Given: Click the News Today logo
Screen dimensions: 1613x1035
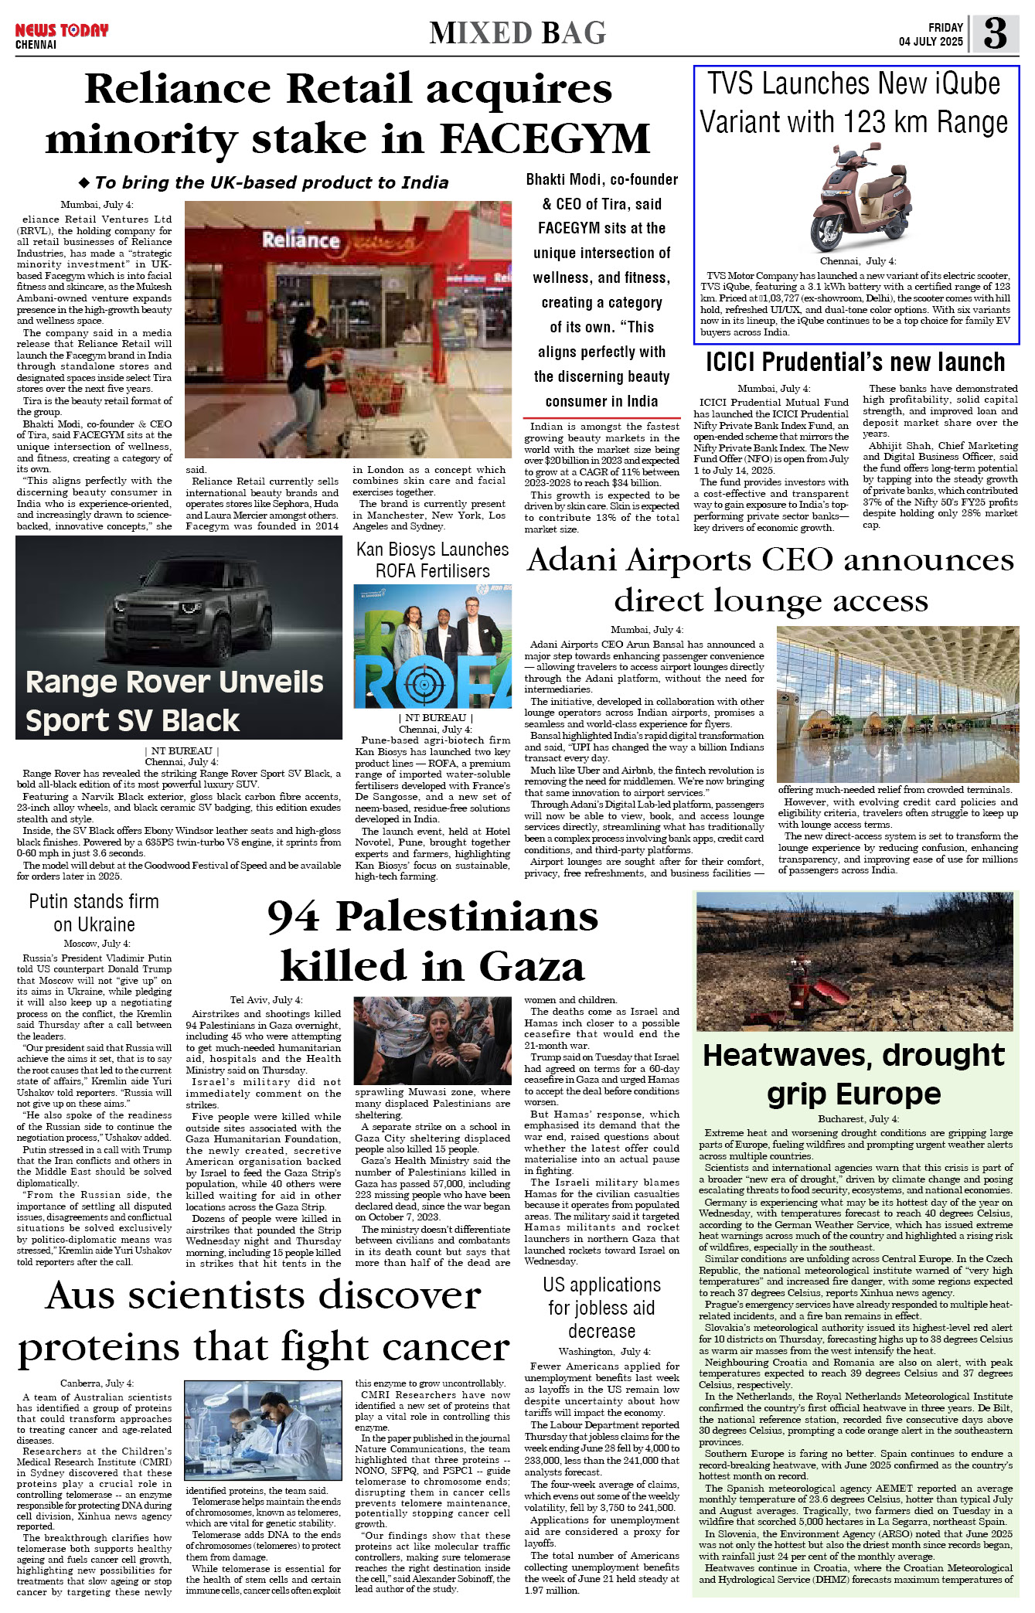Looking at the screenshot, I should pos(61,31).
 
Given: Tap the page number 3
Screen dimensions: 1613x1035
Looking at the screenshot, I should pos(995,33).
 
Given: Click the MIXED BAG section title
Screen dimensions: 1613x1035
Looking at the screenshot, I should pos(517,33).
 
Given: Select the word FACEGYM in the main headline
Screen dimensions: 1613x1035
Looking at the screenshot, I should pos(545,139).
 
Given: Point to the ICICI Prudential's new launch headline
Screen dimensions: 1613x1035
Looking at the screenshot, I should pos(855,362).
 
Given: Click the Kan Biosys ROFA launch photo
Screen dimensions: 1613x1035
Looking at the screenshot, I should pos(432,645).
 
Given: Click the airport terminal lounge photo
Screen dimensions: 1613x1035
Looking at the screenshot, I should pos(897,703).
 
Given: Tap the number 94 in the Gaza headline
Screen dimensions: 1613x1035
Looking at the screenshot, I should pos(293,917).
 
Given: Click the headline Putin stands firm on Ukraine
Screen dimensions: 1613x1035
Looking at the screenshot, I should pos(94,913).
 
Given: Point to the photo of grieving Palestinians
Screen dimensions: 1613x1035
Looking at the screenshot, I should pos(432,1040).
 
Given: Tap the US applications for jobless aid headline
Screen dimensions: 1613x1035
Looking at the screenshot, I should pos(601,1307).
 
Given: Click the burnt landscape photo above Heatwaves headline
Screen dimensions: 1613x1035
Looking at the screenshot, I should pos(854,961).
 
